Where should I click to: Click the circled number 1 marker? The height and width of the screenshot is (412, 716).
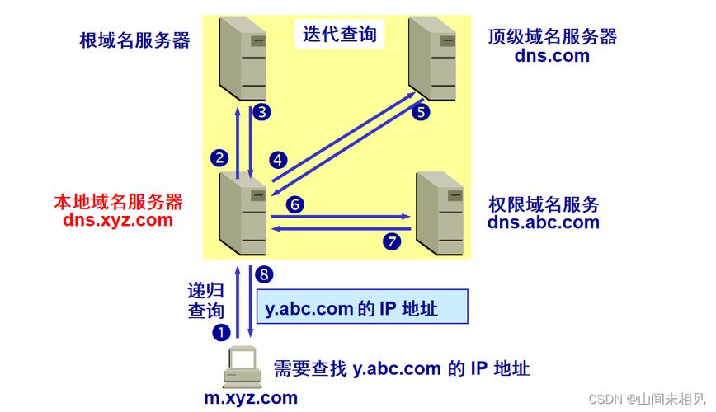(221, 332)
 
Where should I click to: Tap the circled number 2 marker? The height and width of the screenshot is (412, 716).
(219, 158)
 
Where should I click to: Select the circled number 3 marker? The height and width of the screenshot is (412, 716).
(261, 112)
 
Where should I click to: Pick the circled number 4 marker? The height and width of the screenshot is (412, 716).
(278, 160)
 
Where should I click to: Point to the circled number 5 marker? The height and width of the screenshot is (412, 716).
(421, 112)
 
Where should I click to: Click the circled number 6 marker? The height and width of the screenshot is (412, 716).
(295, 204)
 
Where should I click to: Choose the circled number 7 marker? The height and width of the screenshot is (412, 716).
(391, 241)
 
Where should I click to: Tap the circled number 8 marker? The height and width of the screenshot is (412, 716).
(264, 274)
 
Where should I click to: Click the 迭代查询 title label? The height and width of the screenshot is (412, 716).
(340, 35)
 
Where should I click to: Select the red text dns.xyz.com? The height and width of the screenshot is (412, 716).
(118, 220)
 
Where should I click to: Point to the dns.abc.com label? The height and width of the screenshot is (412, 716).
(544, 222)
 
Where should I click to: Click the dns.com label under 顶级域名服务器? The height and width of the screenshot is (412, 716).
(552, 56)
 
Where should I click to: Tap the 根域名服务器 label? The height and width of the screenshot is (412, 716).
(134, 40)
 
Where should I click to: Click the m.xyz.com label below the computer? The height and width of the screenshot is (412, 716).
(251, 398)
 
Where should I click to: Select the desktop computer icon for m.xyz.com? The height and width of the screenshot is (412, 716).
(243, 368)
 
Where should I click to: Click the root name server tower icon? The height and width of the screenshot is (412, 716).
(243, 59)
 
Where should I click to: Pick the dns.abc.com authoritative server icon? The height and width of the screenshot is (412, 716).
(440, 213)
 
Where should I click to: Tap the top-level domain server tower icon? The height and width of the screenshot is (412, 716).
(432, 59)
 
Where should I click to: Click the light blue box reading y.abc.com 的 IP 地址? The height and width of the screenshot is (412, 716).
(363, 307)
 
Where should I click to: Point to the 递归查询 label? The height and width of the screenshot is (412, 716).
(206, 300)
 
